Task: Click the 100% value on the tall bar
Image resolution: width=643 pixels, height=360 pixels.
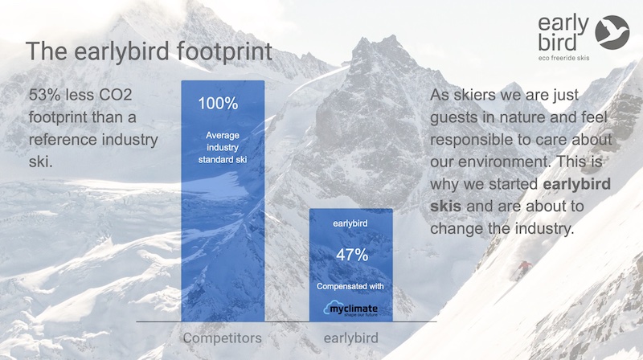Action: click(x=218, y=104)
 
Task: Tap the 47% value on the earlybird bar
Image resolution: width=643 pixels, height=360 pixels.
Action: click(x=352, y=255)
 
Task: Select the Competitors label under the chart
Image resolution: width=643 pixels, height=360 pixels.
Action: click(x=223, y=338)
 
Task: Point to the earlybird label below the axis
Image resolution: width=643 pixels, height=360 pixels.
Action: click(x=351, y=338)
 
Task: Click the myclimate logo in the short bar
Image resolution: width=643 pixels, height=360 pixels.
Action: click(x=350, y=309)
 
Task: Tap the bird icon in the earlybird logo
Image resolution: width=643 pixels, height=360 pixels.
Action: click(x=612, y=32)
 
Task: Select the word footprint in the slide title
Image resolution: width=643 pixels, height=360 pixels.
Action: click(x=224, y=52)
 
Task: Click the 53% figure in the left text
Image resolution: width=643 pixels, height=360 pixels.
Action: click(x=45, y=95)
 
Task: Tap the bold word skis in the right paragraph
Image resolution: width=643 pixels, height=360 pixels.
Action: click(x=445, y=206)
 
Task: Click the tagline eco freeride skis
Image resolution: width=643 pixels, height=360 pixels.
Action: click(x=564, y=58)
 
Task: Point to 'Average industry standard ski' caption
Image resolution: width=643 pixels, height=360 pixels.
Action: click(x=223, y=147)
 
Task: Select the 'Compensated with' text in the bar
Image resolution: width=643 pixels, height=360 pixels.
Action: click(x=350, y=286)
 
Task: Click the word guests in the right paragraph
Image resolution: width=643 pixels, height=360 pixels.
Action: click(x=453, y=118)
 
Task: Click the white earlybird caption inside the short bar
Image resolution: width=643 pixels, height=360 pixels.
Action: click(x=350, y=224)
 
